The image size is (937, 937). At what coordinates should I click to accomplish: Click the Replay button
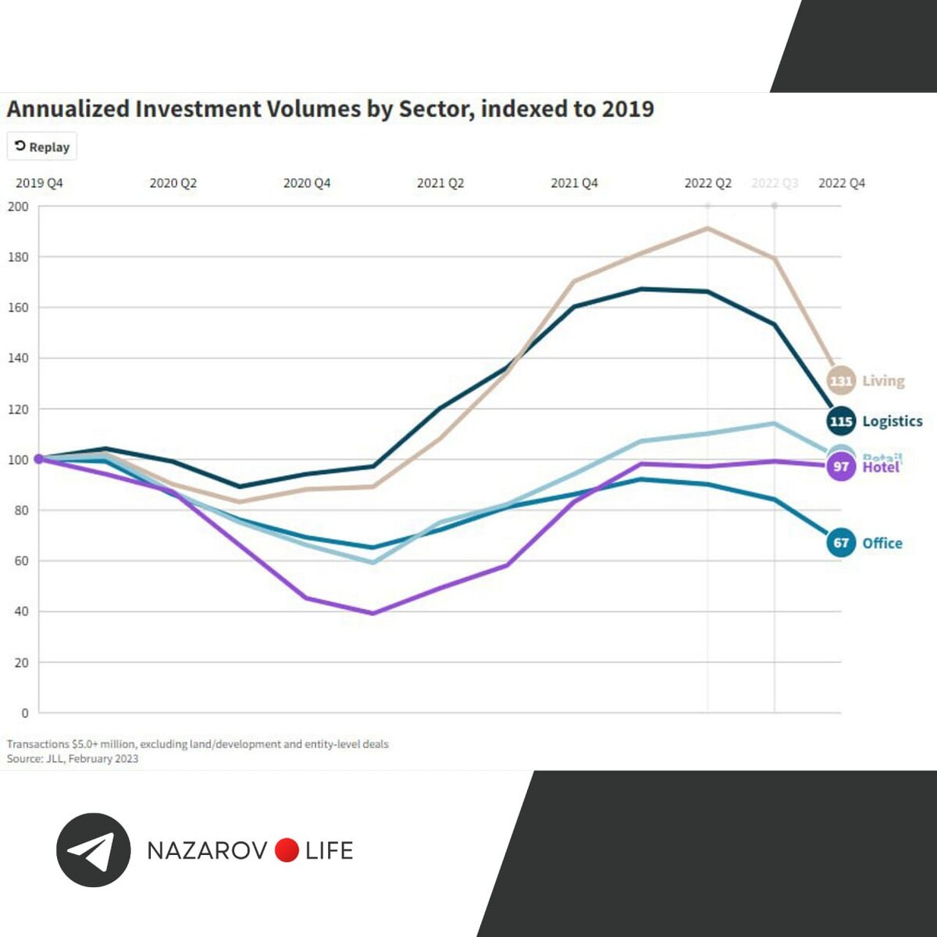click(42, 147)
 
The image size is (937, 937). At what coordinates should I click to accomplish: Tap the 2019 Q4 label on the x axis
click(39, 183)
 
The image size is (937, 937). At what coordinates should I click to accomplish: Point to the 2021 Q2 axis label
click(440, 183)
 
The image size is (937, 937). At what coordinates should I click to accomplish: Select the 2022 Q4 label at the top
click(842, 183)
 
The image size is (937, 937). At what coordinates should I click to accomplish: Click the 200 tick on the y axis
click(18, 207)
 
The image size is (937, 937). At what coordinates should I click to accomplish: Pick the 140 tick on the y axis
click(18, 358)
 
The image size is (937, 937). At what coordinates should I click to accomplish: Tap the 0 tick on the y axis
click(25, 713)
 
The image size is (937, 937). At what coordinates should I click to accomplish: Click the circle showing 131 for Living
click(840, 381)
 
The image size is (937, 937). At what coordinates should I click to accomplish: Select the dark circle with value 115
click(841, 422)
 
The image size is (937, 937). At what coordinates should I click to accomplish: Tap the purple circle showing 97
click(841, 467)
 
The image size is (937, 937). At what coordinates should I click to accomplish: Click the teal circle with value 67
click(841, 543)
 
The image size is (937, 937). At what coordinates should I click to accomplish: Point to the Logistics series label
click(892, 422)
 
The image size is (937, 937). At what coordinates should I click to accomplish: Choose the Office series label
click(882, 543)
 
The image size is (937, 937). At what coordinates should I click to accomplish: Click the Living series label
click(884, 381)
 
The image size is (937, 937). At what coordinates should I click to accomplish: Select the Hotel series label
click(881, 468)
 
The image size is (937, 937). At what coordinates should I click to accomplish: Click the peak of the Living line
click(707, 228)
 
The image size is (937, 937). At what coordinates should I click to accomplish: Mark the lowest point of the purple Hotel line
click(373, 613)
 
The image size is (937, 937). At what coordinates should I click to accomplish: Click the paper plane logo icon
click(93, 850)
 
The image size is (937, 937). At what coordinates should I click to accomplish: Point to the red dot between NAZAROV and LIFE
click(287, 850)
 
